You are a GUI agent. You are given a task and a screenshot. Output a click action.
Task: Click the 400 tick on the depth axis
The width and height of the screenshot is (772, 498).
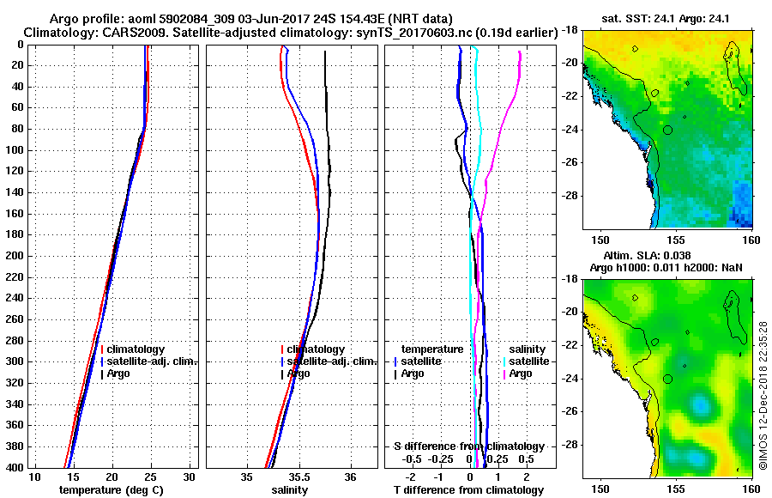pos(15,468)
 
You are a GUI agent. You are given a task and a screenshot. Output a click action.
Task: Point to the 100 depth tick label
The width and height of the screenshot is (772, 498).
pos(15,150)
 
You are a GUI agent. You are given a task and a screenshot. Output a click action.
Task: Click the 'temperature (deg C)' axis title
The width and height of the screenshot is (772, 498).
pos(111,490)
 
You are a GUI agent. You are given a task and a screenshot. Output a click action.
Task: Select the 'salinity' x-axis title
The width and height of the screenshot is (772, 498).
pos(291,490)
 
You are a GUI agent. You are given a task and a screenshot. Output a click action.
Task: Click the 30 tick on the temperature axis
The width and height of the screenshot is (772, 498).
pos(190,477)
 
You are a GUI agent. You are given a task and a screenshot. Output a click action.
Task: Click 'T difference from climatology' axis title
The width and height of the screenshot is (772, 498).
pos(468,490)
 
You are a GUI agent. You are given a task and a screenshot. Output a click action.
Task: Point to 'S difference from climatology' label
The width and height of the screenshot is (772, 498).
pos(468,446)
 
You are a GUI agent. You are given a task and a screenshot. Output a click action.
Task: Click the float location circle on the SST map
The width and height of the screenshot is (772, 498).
pos(668,130)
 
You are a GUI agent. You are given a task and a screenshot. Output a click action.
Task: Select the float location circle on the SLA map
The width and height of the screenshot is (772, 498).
pos(668,379)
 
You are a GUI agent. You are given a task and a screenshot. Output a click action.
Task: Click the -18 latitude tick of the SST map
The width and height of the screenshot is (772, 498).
pos(570,29)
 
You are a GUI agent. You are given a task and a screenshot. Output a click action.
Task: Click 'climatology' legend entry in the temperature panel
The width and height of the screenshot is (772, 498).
pos(136,349)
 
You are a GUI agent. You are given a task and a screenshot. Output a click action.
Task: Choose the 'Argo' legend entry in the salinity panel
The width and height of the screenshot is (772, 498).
pos(299,373)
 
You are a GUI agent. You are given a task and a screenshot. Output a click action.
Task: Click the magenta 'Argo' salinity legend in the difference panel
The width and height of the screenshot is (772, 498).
pos(521,373)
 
